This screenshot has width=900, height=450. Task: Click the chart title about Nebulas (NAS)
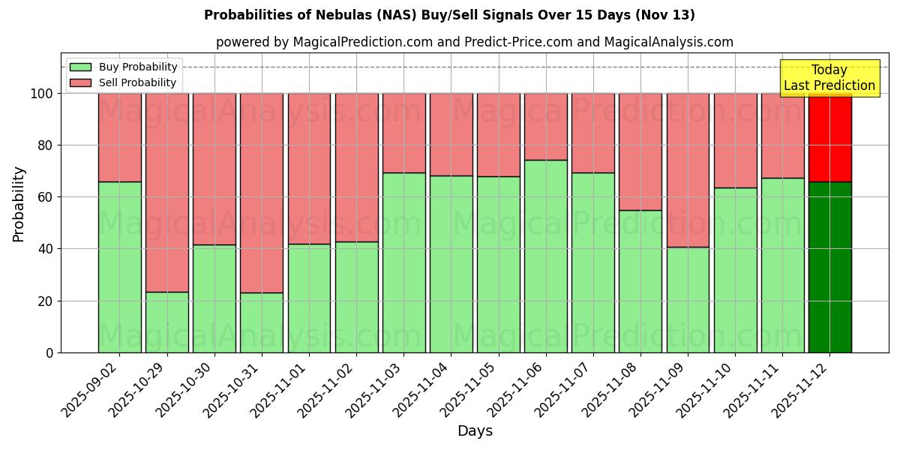449,15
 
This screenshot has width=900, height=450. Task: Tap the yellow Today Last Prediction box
829,78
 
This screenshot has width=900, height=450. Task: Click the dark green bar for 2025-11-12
829,267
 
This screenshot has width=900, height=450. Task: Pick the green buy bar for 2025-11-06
546,256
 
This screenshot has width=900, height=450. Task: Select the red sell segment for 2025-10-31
262,193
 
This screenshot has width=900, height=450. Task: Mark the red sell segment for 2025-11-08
640,151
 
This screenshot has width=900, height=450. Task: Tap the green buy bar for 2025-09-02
120,267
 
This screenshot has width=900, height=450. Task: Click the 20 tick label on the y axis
46,301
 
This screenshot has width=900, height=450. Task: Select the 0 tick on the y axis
50,352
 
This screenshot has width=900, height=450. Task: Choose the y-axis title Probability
19,203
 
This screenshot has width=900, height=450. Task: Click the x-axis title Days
475,430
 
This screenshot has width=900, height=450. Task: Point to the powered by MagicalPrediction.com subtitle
474,42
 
